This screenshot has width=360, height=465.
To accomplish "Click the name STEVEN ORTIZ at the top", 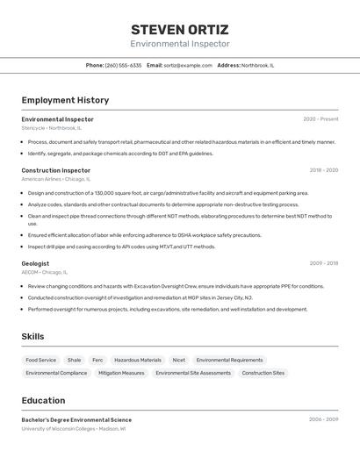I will click(x=180, y=29).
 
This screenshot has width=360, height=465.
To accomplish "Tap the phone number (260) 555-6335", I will click(x=123, y=65).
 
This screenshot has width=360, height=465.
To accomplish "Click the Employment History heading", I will click(x=65, y=100).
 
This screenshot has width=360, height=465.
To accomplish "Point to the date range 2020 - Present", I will click(x=320, y=119).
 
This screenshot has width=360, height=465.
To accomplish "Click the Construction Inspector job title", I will click(x=56, y=170).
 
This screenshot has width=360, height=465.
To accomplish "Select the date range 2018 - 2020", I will click(x=323, y=170).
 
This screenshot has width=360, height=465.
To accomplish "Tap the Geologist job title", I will click(x=35, y=263).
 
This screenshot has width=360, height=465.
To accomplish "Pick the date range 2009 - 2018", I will click(x=323, y=263).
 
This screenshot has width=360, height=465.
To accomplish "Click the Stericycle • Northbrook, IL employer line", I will click(x=51, y=128).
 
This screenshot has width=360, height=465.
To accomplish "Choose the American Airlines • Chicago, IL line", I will click(x=54, y=179).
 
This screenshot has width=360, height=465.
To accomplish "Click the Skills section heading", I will click(x=32, y=336).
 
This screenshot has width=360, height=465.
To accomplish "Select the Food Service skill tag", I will click(x=40, y=360).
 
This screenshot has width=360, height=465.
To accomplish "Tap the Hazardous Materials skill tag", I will click(x=138, y=360).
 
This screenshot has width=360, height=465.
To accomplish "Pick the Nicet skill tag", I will click(x=179, y=360).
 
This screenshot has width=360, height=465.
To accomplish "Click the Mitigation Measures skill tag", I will click(x=121, y=373).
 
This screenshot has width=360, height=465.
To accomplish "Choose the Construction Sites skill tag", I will click(x=263, y=373).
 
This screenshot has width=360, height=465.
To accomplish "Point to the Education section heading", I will click(x=43, y=400).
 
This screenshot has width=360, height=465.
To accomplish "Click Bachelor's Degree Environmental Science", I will click(x=76, y=420).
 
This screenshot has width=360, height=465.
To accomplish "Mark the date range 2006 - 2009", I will click(x=323, y=420).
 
